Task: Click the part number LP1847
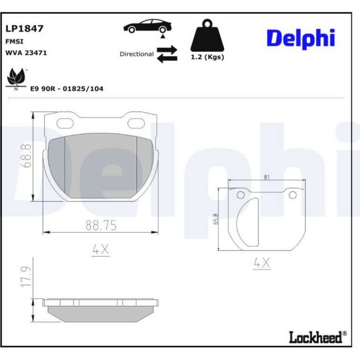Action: (x=24, y=29)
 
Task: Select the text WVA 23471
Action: (x=26, y=53)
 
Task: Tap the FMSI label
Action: (x=14, y=42)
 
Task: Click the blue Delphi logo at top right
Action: (x=301, y=38)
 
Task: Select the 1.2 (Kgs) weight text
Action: (x=207, y=57)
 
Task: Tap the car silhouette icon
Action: (x=147, y=26)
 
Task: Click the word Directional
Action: (x=137, y=54)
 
